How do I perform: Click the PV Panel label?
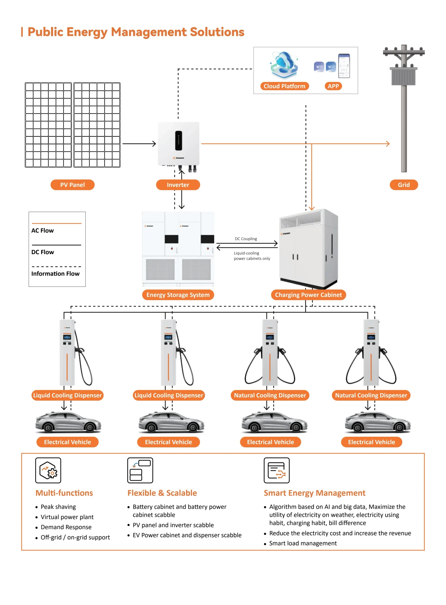click(72, 185)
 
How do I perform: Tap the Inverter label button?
click(178, 185)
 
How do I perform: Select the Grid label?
click(404, 185)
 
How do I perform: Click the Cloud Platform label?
click(284, 86)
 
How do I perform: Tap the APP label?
click(333, 86)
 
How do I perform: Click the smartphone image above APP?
click(344, 66)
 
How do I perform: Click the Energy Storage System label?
click(178, 295)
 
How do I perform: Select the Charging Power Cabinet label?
click(308, 295)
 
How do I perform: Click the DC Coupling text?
click(246, 239)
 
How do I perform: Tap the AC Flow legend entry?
click(43, 230)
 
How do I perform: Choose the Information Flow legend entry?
click(55, 273)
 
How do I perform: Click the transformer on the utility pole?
click(403, 76)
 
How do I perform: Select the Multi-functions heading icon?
click(48, 470)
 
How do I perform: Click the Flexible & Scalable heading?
click(162, 493)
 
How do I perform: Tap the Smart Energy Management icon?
click(276, 470)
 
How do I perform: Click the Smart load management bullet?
click(303, 543)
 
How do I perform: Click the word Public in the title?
click(45, 32)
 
